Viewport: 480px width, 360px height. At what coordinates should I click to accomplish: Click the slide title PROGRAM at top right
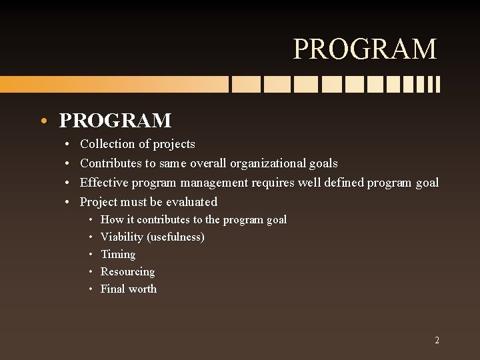365,49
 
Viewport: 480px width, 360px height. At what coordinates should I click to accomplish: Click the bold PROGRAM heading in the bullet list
115,121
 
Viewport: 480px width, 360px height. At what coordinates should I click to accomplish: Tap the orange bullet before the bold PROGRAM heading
43,121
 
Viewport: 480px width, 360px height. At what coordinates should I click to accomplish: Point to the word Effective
103,183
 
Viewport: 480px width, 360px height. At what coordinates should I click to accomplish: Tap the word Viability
121,237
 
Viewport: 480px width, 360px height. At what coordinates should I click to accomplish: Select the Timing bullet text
118,255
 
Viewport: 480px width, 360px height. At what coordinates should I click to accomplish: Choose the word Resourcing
127,272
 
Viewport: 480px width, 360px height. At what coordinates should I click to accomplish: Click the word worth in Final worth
143,289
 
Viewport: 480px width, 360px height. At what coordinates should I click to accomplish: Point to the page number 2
437,340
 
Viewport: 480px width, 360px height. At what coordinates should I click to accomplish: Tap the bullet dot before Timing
89,255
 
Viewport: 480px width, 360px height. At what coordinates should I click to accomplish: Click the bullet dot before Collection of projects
69,144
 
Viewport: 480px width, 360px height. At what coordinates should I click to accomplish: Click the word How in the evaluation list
112,220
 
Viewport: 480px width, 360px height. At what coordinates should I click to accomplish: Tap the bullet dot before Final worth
89,289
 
